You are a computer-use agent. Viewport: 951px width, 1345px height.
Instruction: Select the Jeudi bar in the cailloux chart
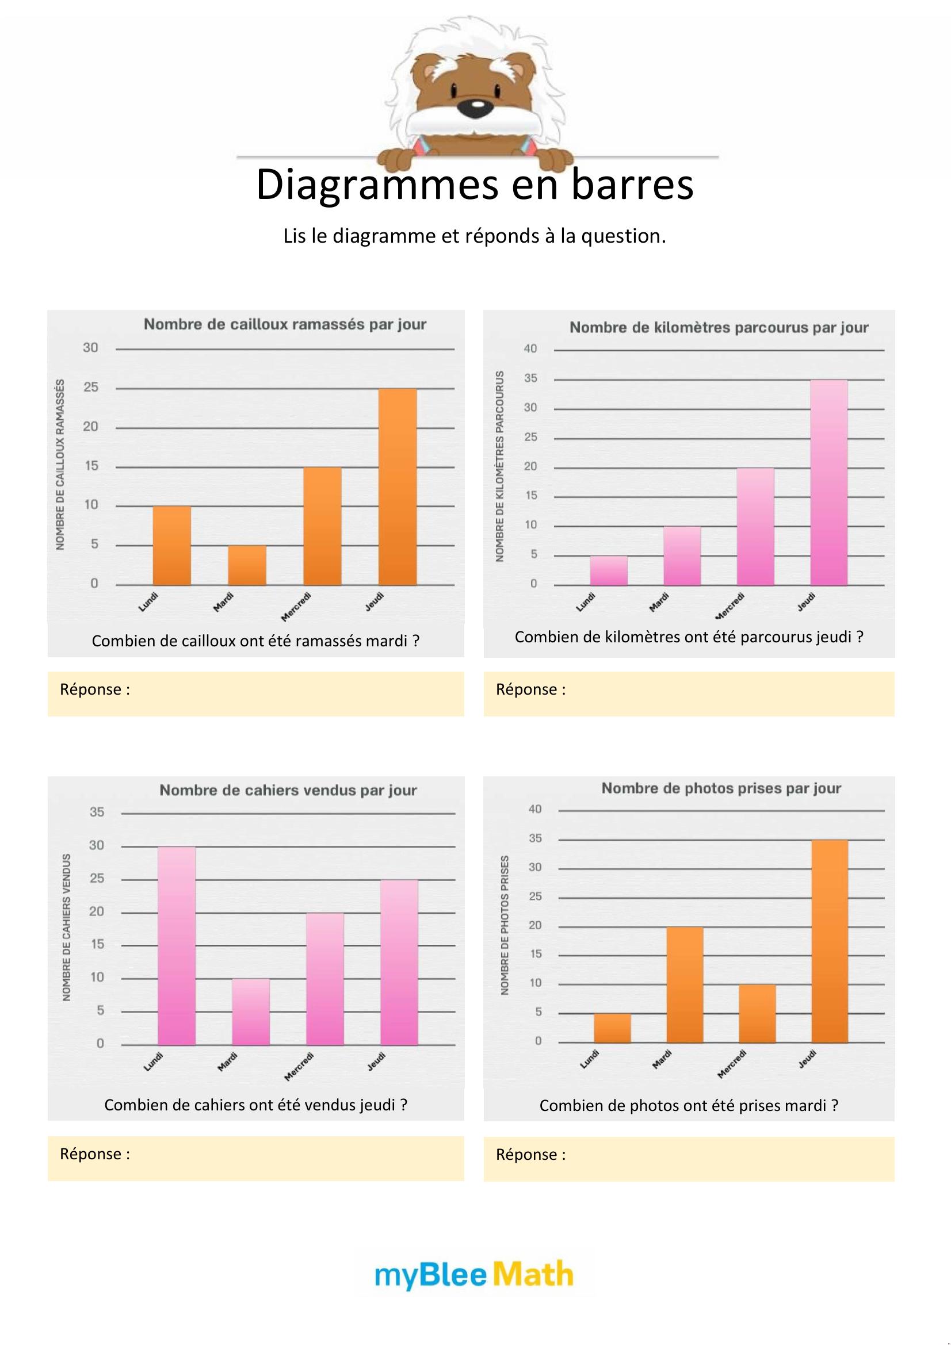point(398,486)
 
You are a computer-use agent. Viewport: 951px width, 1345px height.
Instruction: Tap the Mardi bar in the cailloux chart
point(247,565)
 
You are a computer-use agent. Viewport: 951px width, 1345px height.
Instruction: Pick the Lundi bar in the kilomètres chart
point(608,570)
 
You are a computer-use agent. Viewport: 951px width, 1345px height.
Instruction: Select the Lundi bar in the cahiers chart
point(177,945)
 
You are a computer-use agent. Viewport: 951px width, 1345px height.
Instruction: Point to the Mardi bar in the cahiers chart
point(251,1011)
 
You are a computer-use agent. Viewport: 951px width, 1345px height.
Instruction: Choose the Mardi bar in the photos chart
point(685,984)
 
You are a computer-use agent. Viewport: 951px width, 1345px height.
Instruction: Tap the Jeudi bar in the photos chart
point(829,941)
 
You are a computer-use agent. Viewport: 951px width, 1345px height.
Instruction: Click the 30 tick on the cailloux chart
point(90,348)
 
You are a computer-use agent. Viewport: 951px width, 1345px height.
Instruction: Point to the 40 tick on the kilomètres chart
point(530,349)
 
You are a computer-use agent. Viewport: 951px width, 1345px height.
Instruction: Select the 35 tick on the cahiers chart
point(97,812)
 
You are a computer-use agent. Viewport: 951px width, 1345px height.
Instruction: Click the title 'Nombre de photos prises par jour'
point(721,788)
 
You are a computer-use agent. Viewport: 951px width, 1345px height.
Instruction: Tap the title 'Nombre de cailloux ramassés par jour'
point(285,324)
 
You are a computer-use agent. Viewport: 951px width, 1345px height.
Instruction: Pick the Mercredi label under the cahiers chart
point(299,1067)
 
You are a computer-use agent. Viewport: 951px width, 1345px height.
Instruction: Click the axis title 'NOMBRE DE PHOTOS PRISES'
point(505,925)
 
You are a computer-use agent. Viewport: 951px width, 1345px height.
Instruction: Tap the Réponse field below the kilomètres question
point(689,693)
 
